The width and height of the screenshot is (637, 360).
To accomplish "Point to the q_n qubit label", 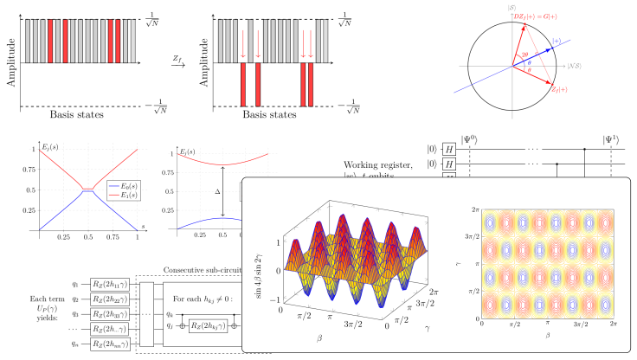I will click(75, 344).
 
